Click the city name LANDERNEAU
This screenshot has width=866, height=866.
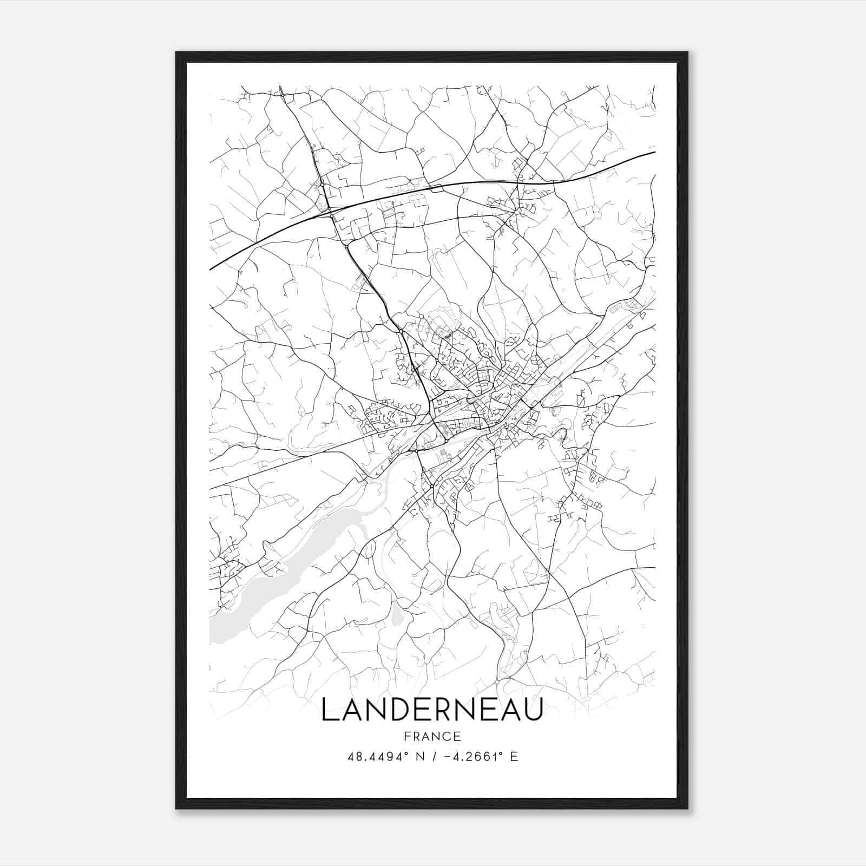click(432, 710)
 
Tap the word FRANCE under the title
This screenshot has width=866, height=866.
click(432, 737)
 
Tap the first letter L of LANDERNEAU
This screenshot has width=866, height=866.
click(329, 710)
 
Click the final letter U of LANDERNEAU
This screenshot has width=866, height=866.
click(533, 710)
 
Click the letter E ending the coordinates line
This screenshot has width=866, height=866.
click(514, 757)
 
